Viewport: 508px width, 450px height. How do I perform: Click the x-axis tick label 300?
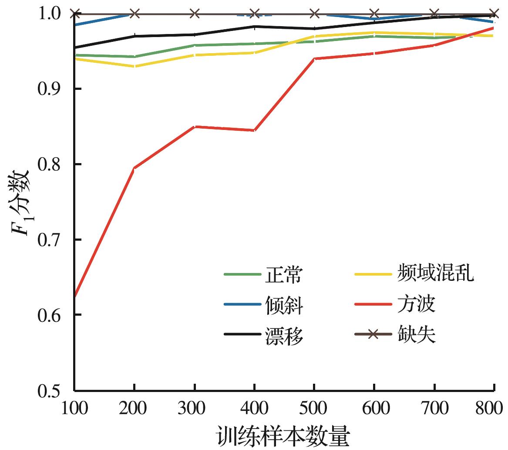coord(194,409)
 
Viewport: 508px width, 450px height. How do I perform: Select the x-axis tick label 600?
coord(374,409)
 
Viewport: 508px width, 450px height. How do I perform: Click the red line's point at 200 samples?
coord(134,168)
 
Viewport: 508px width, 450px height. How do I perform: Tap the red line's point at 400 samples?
coord(254,130)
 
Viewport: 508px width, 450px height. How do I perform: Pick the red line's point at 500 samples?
coord(314,58)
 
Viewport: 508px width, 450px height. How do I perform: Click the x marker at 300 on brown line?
coord(194,14)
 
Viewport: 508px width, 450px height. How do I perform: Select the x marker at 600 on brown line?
coord(374,14)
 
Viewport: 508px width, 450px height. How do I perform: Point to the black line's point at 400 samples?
coord(254,27)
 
